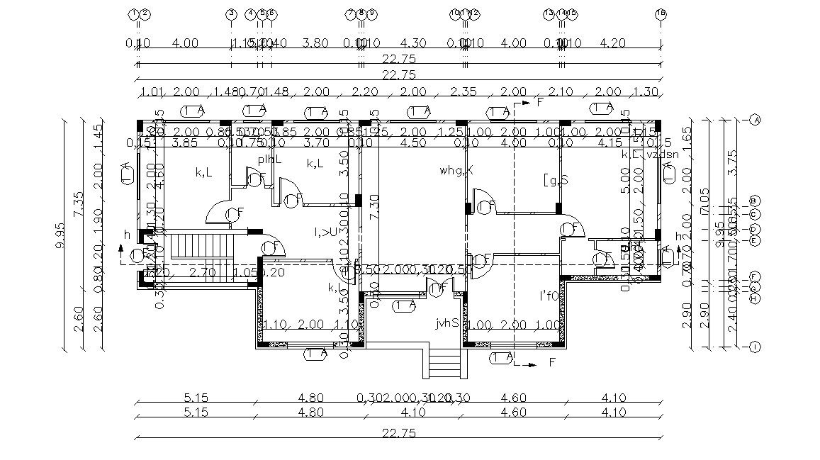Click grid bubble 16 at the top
(x=661, y=13)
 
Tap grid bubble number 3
(x=231, y=13)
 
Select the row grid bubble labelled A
(x=756, y=120)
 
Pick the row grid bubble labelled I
(x=756, y=347)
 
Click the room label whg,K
(x=456, y=170)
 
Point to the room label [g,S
(x=555, y=180)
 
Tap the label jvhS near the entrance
(x=447, y=323)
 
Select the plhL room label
(x=269, y=159)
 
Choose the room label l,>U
(x=325, y=232)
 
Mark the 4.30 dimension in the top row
(x=412, y=43)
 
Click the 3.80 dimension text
(x=315, y=43)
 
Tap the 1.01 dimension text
(x=152, y=92)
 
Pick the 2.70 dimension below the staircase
(x=203, y=271)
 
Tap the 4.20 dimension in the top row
(x=612, y=43)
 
